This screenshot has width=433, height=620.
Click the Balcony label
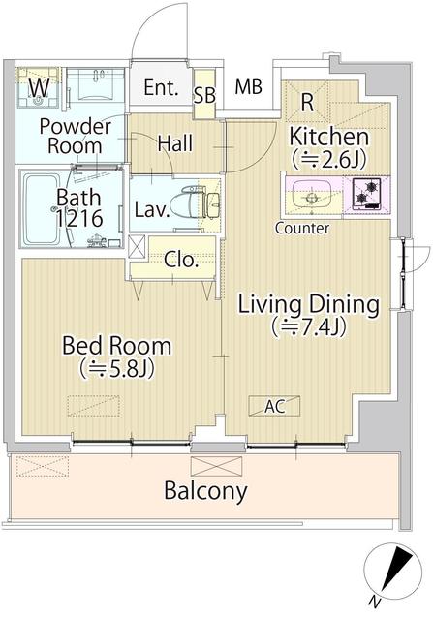click(205, 491)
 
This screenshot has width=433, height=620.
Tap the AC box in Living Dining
click(274, 406)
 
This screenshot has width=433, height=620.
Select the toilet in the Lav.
click(194, 201)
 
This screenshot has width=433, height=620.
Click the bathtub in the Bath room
click(46, 209)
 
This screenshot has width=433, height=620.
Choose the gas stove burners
click(366, 193)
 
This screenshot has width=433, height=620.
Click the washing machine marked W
click(39, 88)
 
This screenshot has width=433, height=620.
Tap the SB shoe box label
click(204, 95)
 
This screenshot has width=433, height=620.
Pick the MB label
click(248, 87)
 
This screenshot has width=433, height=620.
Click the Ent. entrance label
click(161, 88)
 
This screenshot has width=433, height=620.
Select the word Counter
click(302, 229)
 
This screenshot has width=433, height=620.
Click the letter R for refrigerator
click(307, 102)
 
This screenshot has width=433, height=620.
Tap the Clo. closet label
click(181, 260)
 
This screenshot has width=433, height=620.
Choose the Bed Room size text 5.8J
click(116, 368)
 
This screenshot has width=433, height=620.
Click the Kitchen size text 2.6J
click(328, 159)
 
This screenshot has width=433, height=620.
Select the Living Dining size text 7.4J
click(308, 326)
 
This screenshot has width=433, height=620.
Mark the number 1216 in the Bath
click(79, 218)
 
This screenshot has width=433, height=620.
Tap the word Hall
click(175, 142)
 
